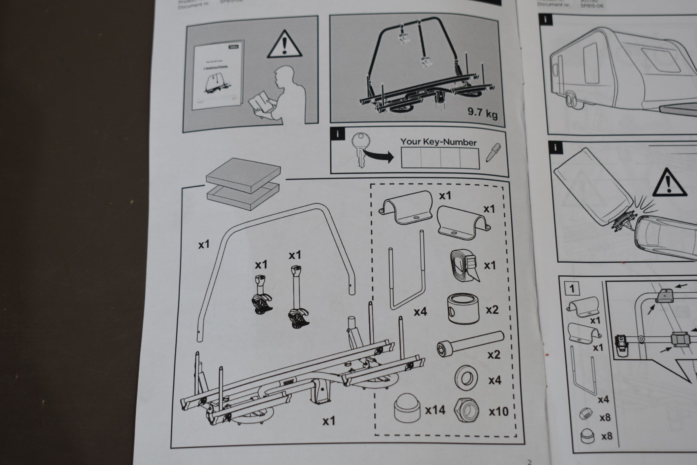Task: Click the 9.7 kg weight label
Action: pos(482,113)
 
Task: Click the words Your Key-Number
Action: pos(438,142)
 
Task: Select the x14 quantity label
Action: pos(435,410)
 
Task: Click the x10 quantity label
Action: pos(499,412)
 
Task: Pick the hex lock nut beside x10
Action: pos(466,411)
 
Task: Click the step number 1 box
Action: pos(572,288)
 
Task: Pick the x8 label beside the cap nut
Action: pos(607,436)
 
